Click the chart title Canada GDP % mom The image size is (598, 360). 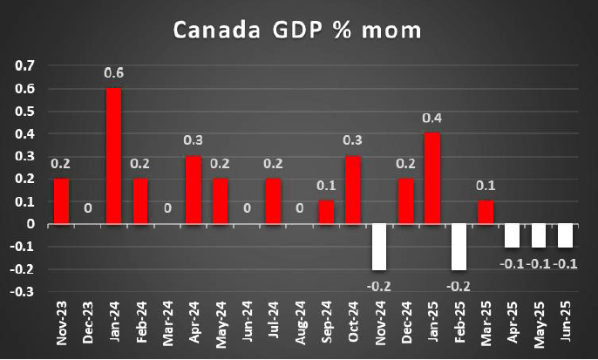click(297, 31)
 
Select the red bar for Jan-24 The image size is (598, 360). click(113, 156)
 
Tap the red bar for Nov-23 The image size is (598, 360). click(61, 201)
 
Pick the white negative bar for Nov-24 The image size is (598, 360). click(379, 247)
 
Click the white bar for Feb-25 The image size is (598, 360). click(459, 247)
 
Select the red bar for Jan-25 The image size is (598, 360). click(432, 179)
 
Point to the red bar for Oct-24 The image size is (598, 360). click(353, 190)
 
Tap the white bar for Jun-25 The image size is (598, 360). click(564, 235)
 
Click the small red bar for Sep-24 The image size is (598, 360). click(326, 213)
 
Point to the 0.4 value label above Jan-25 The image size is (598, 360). click(432, 119)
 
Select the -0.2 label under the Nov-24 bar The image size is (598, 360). click(378, 284)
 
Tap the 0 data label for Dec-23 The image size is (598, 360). click(87, 209)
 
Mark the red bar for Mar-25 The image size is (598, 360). click(485, 213)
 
